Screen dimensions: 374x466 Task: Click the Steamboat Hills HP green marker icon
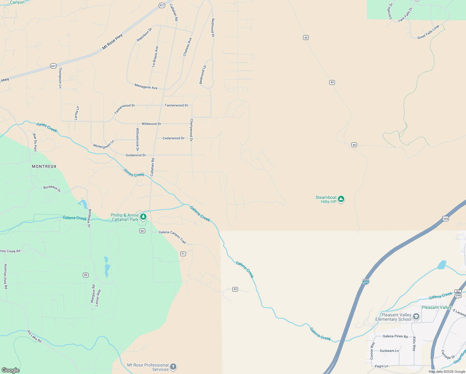(x=341, y=199)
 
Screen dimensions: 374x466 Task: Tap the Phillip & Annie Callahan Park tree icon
(x=143, y=217)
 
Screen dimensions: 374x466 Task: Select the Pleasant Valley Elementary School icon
(x=416, y=317)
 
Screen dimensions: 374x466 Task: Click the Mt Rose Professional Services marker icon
(x=173, y=367)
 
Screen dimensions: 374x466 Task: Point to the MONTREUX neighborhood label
(x=44, y=166)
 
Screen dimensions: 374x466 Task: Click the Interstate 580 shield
(x=366, y=282)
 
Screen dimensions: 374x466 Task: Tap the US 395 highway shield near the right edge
(x=445, y=218)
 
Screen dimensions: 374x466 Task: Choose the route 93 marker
(x=235, y=289)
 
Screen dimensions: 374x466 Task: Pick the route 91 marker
(x=183, y=254)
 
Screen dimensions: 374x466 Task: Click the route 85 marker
(x=86, y=275)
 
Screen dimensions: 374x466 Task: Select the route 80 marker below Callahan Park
(x=142, y=231)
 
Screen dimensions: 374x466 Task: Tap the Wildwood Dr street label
(x=151, y=124)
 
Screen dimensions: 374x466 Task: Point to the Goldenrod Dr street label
(x=136, y=155)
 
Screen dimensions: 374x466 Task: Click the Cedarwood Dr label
(x=174, y=138)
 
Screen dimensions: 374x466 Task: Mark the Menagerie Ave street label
(x=146, y=87)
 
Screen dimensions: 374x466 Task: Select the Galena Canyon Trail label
(x=172, y=237)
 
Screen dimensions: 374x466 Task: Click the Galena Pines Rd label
(x=395, y=336)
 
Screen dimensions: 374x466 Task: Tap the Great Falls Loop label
(x=428, y=32)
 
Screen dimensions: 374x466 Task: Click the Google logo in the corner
(x=10, y=370)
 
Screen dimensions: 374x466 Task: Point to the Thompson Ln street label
(x=60, y=78)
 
